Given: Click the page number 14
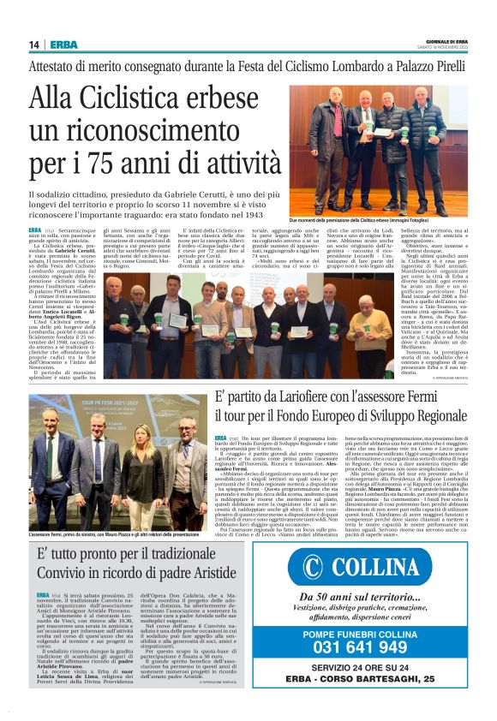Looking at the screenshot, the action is click(34, 45).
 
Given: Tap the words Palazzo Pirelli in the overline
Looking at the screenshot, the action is click(425, 66).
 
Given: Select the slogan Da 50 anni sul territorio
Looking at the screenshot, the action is click(371, 597).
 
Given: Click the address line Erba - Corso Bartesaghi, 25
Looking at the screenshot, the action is click(372, 680).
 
